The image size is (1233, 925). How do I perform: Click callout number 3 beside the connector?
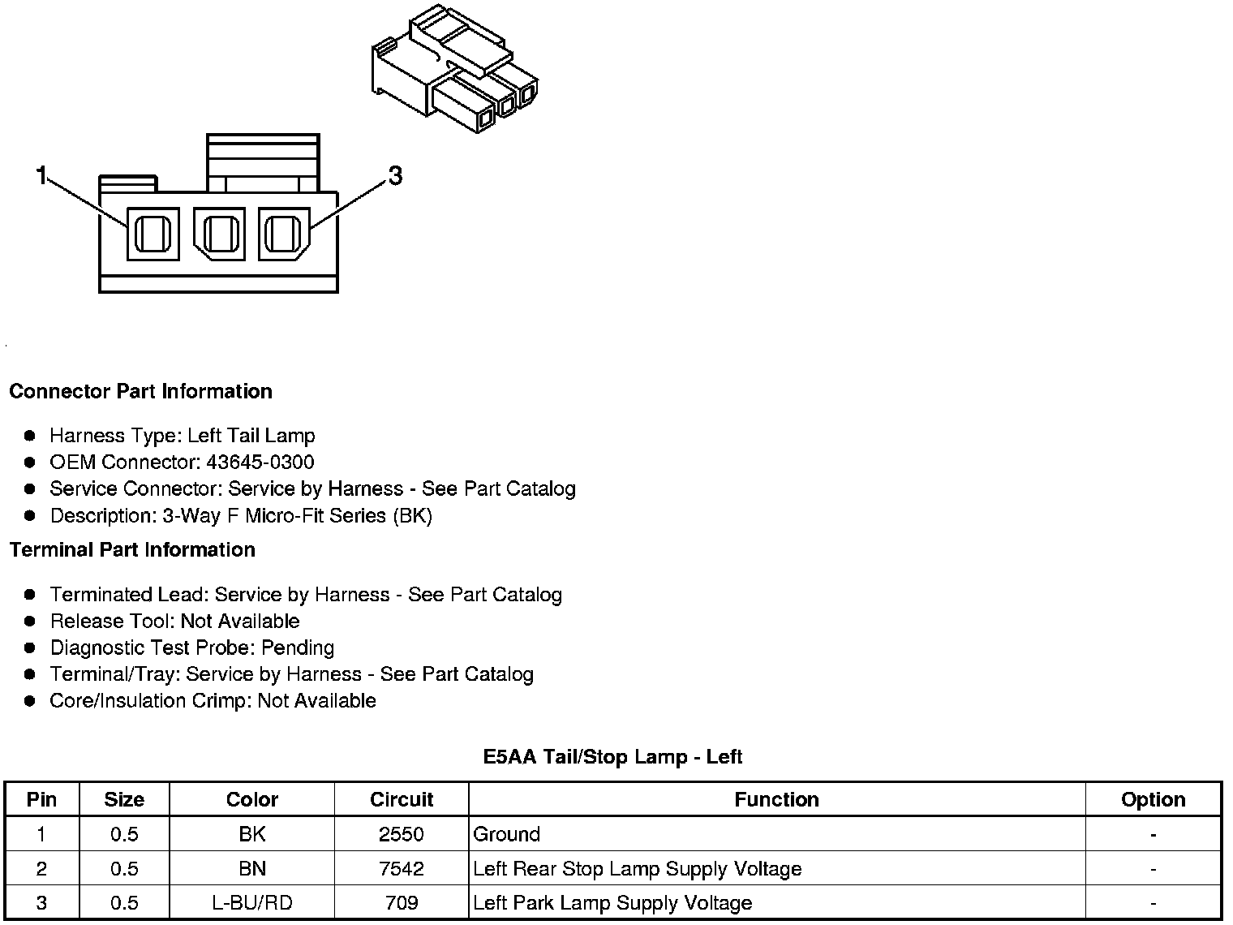[x=395, y=175]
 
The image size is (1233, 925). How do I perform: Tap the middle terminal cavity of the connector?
[x=218, y=234]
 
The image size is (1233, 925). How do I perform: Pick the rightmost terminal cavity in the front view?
[x=283, y=234]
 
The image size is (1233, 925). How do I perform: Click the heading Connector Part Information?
[x=140, y=391]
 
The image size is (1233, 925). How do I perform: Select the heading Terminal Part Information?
[x=132, y=550]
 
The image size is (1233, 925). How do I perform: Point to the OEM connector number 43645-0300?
[x=260, y=462]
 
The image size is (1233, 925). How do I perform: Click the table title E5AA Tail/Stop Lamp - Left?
[x=612, y=757]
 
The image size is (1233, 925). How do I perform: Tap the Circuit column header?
[x=402, y=800]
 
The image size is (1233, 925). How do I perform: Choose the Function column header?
[x=776, y=800]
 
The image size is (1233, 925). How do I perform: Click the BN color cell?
[x=252, y=869]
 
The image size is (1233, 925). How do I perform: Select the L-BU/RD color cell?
[x=252, y=903]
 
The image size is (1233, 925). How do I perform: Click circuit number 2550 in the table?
[x=402, y=834]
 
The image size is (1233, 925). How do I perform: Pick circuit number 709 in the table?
[x=402, y=903]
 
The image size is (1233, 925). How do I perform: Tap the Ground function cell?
[x=507, y=834]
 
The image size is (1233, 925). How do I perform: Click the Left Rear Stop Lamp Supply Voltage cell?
[x=638, y=869]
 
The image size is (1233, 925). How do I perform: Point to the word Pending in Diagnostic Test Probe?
[x=298, y=647]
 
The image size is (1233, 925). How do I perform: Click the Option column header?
[x=1153, y=800]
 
